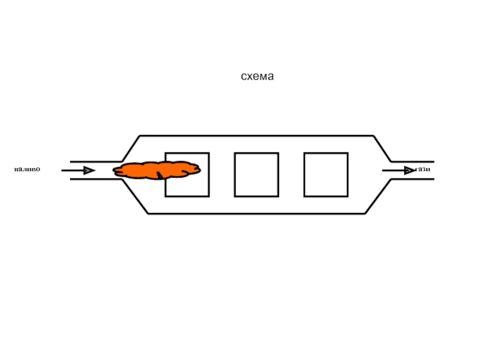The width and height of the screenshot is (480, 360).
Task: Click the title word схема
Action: click(x=257, y=77)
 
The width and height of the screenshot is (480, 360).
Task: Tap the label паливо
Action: click(x=27, y=170)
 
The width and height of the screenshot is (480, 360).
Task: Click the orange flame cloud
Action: click(x=157, y=170)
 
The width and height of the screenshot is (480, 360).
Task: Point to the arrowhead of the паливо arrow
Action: click(x=89, y=170)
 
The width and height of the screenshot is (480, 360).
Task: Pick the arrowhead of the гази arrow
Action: click(x=409, y=170)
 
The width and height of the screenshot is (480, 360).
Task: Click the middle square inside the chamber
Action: click(x=256, y=175)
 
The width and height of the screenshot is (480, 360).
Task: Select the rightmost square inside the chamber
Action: click(x=326, y=175)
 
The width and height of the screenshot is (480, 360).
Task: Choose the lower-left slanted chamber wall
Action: click(x=135, y=197)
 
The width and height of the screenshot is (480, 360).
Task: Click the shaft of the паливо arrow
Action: click(x=72, y=170)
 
